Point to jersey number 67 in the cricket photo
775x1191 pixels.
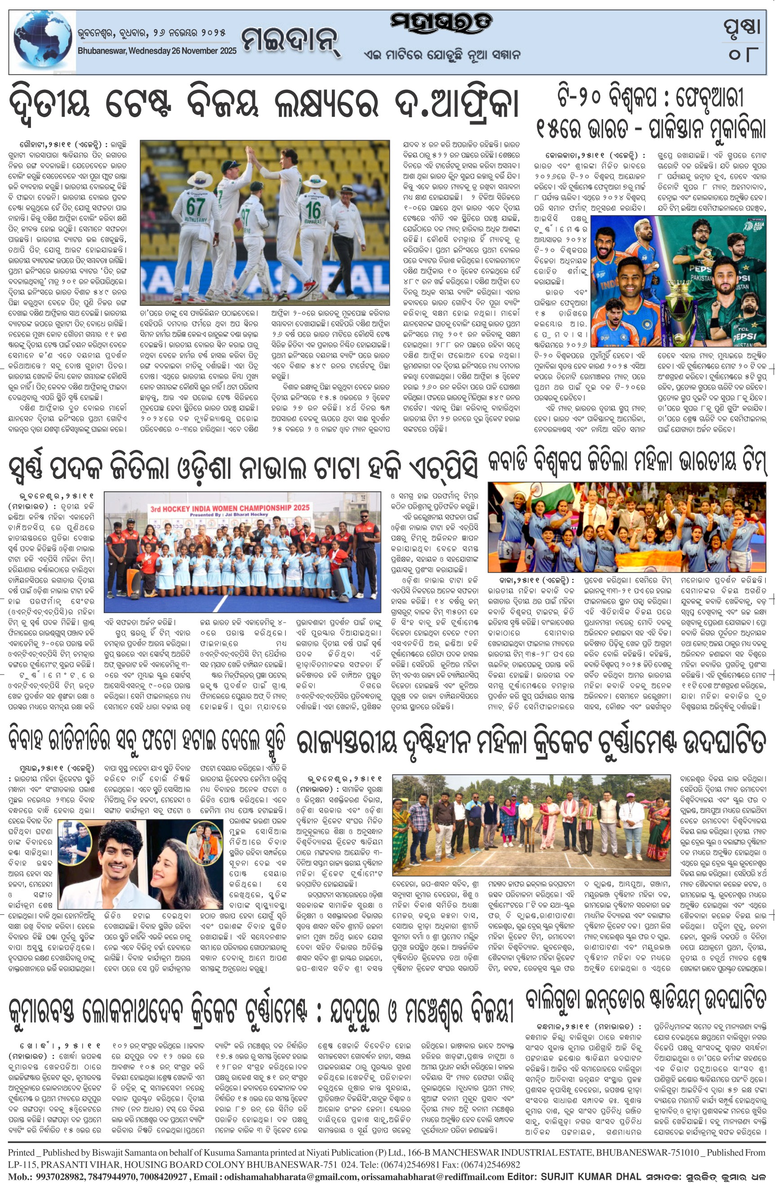click(195, 206)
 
